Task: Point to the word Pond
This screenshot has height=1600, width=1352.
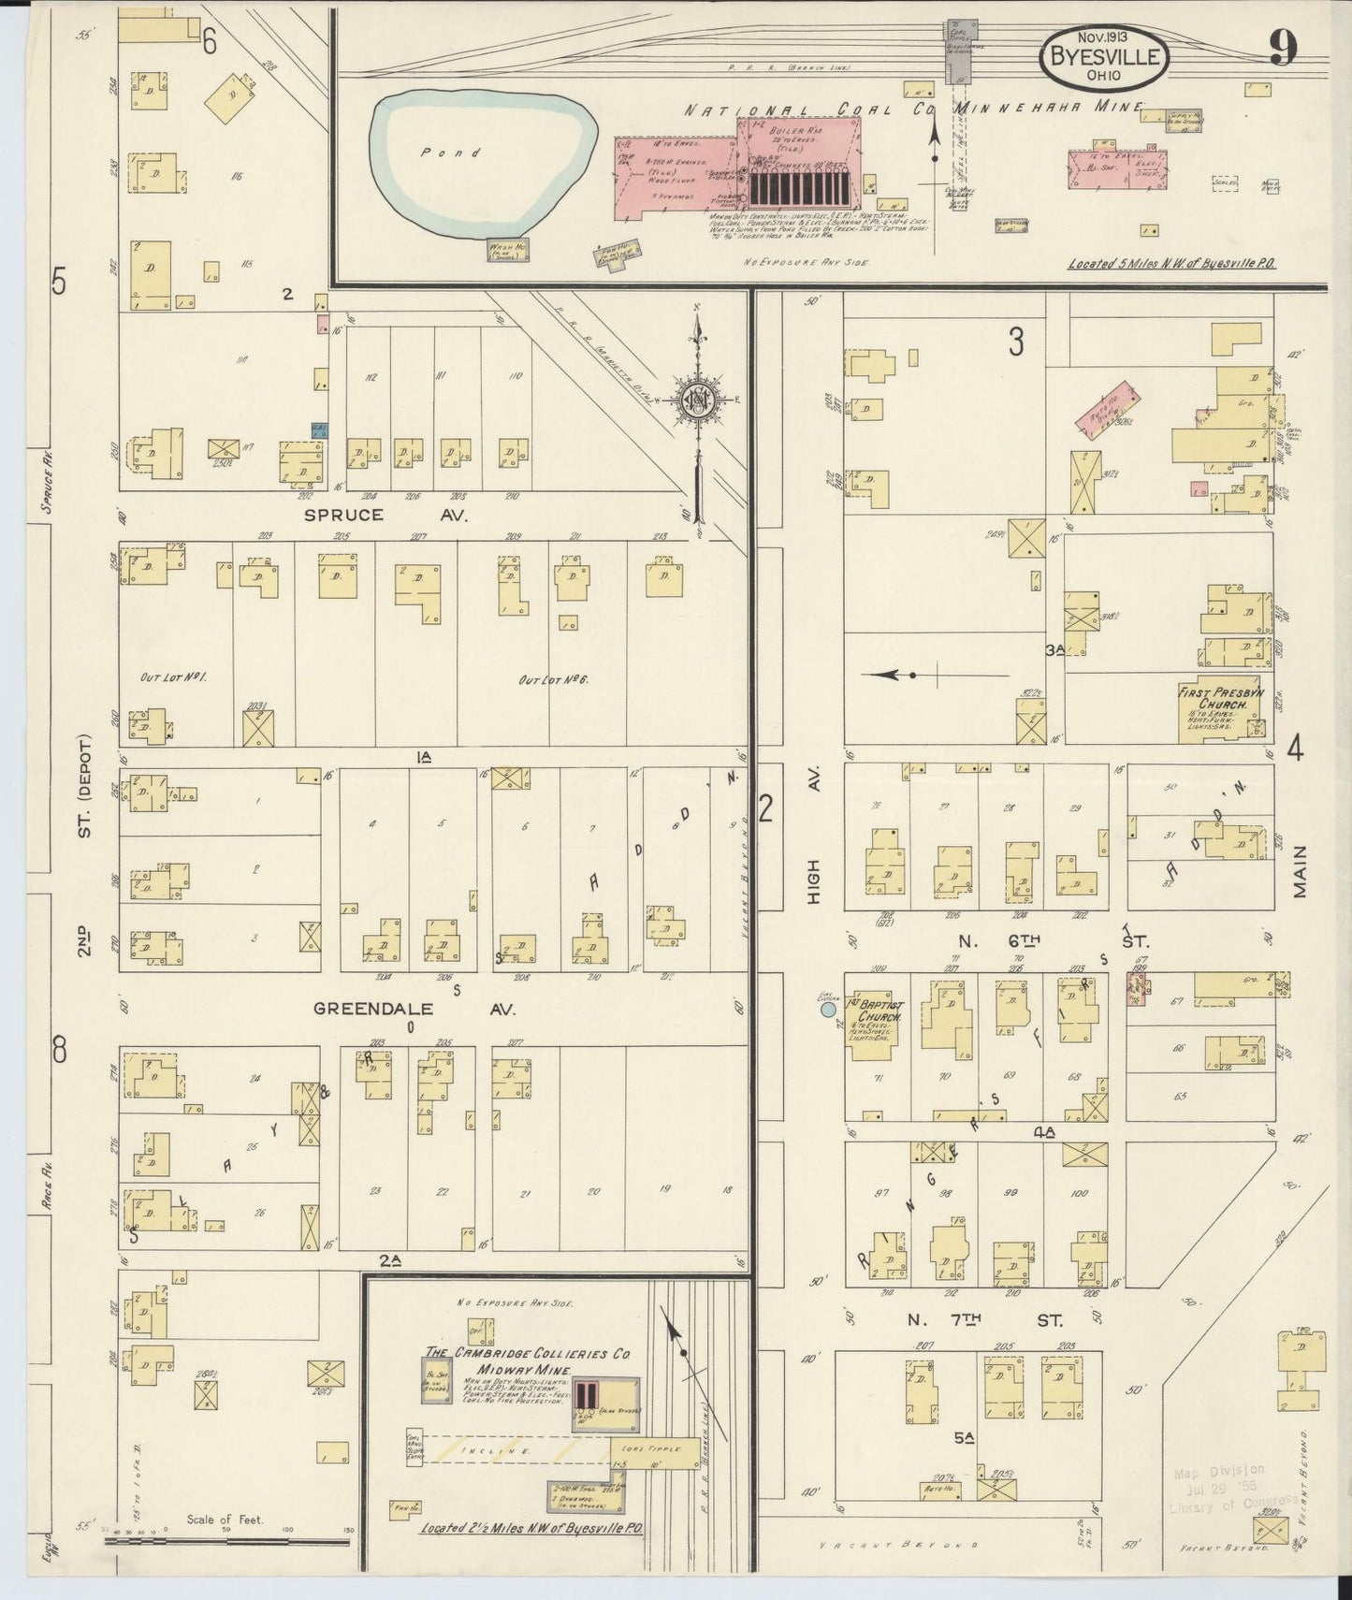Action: pos(463,153)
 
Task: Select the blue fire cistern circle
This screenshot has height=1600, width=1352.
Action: pos(828,1009)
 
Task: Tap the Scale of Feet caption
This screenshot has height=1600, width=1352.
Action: pos(225,1519)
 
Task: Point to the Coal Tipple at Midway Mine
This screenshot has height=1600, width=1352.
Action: pos(655,1450)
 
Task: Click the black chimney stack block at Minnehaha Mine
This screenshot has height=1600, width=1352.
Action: pos(797,190)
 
